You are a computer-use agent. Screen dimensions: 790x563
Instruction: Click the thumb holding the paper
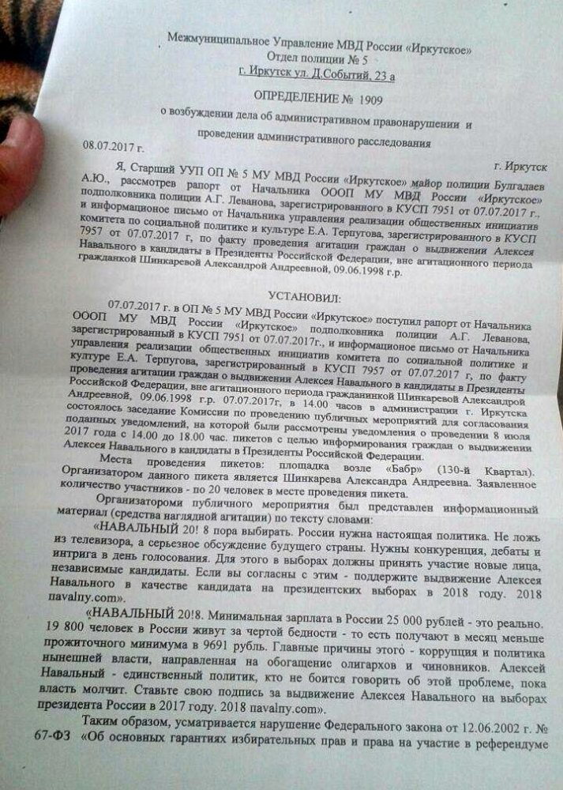(17, 166)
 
